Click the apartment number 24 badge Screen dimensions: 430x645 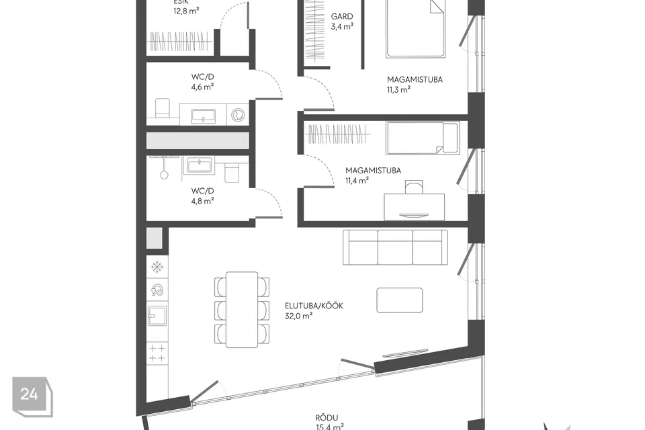pyautogui.click(x=29, y=394)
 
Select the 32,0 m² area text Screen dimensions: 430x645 pyautogui.click(x=299, y=315)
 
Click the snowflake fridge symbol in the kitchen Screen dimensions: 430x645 pyautogui.click(x=157, y=267)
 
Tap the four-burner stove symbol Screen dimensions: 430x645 pyautogui.click(x=157, y=353)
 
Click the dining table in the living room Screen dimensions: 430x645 pyautogui.click(x=242, y=309)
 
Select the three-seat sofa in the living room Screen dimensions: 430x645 pyautogui.click(x=395, y=247)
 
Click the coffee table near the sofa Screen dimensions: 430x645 pyautogui.click(x=400, y=300)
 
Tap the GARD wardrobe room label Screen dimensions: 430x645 pyautogui.click(x=342, y=17)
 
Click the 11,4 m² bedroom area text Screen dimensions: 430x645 pyautogui.click(x=357, y=180)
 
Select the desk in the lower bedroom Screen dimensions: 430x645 pyautogui.click(x=414, y=206)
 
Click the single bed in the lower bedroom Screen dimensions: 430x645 pyautogui.click(x=423, y=138)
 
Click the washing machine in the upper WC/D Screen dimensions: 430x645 pyautogui.click(x=239, y=115)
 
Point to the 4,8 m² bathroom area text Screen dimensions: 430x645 pyautogui.click(x=202, y=200)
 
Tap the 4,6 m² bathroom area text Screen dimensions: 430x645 pyautogui.click(x=202, y=86)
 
